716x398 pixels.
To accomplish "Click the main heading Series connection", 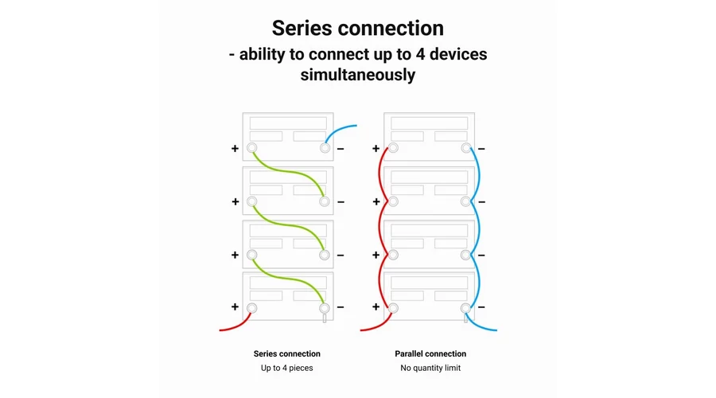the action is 357,29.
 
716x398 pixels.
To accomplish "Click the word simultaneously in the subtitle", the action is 357,75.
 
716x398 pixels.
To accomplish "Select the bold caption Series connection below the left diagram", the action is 286,353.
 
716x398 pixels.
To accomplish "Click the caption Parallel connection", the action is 430,353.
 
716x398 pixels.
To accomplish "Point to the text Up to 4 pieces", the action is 286,368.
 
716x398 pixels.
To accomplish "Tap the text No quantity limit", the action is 430,368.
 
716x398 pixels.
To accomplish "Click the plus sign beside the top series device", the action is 235,149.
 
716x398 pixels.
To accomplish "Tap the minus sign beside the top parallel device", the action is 481,149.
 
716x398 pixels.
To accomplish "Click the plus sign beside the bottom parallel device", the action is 376,306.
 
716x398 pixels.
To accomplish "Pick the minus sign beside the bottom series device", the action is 340,307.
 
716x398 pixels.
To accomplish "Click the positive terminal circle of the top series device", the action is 251,148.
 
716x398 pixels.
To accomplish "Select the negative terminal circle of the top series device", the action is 325,148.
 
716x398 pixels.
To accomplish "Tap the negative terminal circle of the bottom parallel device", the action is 465,308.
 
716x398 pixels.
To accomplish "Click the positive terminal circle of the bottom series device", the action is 251,308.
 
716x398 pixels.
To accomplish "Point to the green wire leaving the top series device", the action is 288,172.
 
